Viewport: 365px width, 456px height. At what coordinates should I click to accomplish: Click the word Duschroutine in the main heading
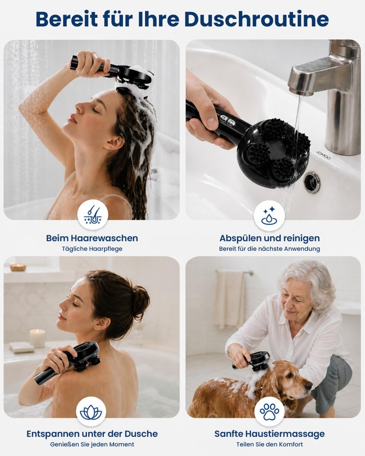[x=257, y=19]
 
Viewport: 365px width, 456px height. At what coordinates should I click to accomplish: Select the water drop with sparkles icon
[x=269, y=215]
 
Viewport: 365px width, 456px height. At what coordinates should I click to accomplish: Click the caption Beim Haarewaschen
[x=92, y=238]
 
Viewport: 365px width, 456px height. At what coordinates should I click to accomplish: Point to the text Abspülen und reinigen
[x=269, y=238]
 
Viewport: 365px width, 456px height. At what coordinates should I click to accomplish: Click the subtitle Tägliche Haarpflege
[x=92, y=249]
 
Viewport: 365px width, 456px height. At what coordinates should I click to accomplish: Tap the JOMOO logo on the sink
[x=323, y=155]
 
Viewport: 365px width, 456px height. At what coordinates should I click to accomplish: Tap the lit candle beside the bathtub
[x=37, y=338]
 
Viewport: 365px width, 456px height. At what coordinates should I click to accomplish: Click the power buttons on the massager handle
[x=226, y=120]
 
